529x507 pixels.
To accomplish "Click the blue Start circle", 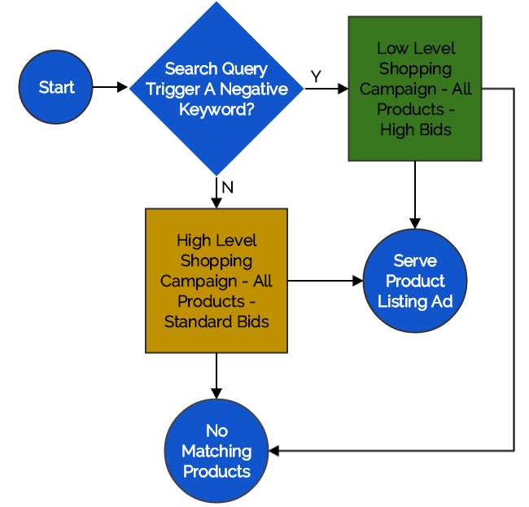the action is (x=55, y=87).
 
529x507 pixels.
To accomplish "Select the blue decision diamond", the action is (x=216, y=89).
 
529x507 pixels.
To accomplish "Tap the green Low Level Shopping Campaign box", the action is (x=415, y=89).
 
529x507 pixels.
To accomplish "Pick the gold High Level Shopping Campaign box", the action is (x=216, y=281).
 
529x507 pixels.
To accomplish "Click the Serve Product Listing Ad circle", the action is (x=415, y=281).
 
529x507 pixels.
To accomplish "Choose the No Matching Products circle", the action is (x=216, y=451).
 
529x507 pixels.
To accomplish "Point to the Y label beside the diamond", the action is (x=316, y=76).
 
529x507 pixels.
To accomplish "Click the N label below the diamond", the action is (x=228, y=187).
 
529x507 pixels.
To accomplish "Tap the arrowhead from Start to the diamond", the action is (x=122, y=87).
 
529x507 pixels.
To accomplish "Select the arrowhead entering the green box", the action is (x=343, y=89).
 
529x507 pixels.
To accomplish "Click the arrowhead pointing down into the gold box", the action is (x=216, y=203).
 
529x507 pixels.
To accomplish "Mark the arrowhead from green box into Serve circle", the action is (x=415, y=224).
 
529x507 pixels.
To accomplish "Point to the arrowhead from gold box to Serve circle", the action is (x=358, y=281).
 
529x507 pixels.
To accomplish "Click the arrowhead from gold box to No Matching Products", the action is (x=216, y=394).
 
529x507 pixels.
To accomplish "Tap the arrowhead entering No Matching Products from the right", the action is (x=274, y=451).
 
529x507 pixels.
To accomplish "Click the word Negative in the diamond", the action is (x=254, y=90).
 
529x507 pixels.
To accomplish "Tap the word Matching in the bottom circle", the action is (x=216, y=452).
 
